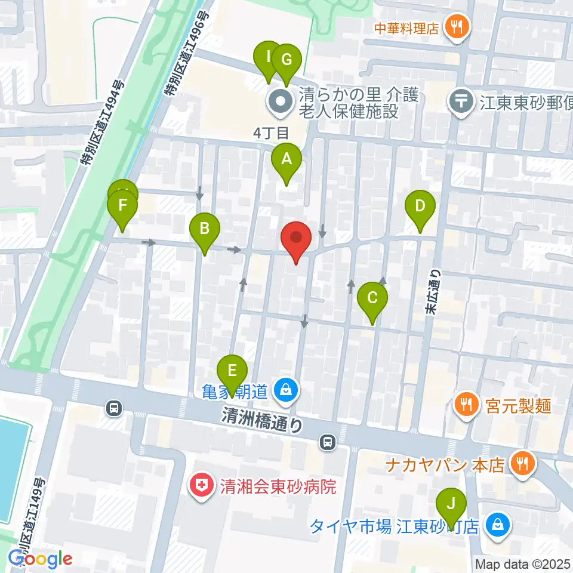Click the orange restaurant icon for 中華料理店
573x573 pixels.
click(x=458, y=26)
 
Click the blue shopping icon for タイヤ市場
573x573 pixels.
click(x=497, y=525)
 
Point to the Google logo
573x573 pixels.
click(x=41, y=558)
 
